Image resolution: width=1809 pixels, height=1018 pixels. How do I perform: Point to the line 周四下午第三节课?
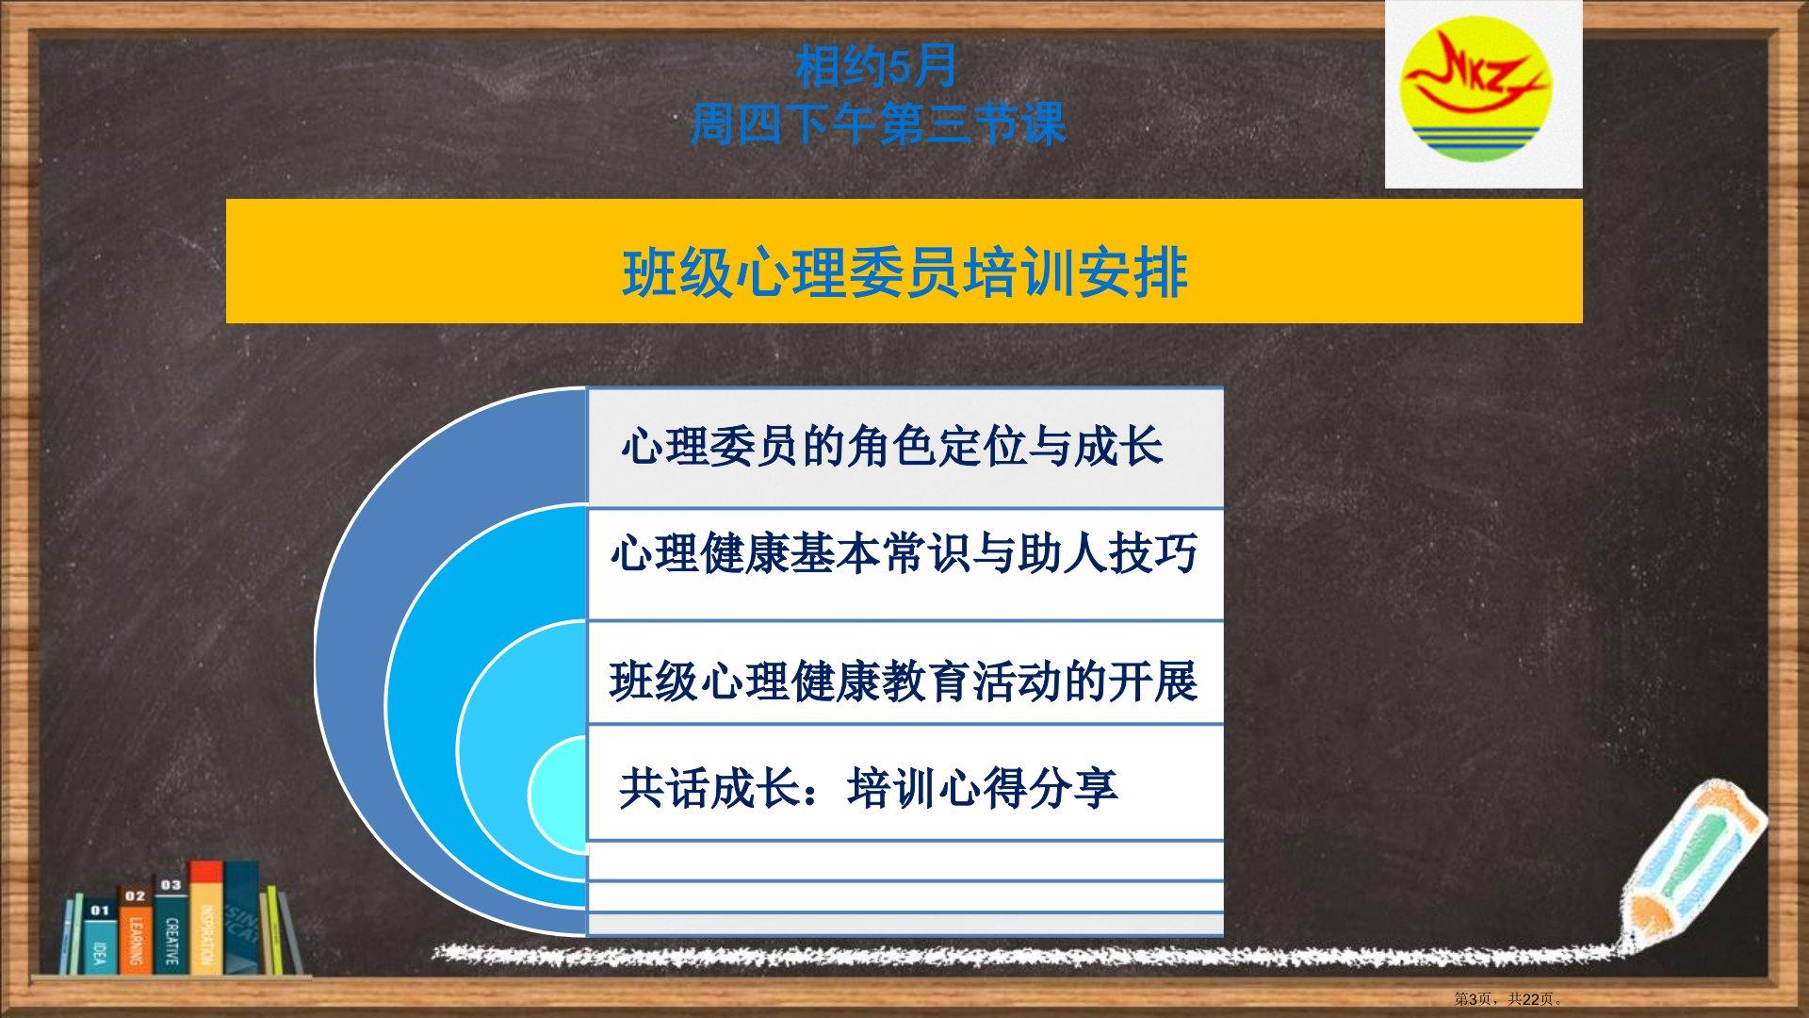click(878, 123)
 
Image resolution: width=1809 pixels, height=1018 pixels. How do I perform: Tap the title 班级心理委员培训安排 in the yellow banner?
click(904, 273)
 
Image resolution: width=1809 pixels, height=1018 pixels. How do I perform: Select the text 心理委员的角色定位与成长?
click(892, 446)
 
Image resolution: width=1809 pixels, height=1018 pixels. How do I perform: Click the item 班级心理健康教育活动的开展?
click(904, 681)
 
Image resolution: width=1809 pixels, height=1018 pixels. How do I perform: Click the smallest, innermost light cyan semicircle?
click(558, 793)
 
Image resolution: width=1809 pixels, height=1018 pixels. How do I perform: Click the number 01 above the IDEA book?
click(100, 911)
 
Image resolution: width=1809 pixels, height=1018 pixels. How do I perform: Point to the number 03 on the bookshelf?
click(171, 885)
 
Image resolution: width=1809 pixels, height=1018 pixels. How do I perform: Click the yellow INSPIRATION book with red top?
click(206, 917)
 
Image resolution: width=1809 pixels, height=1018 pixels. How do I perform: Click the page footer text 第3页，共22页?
click(1508, 999)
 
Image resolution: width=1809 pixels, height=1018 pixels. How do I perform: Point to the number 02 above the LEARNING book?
click(135, 896)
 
